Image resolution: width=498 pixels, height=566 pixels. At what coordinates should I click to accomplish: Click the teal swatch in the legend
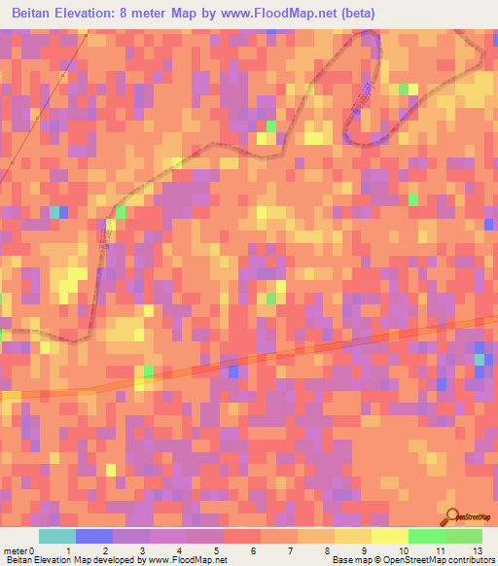pos(57,536)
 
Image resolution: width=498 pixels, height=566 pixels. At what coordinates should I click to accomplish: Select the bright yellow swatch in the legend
pos(389,536)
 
